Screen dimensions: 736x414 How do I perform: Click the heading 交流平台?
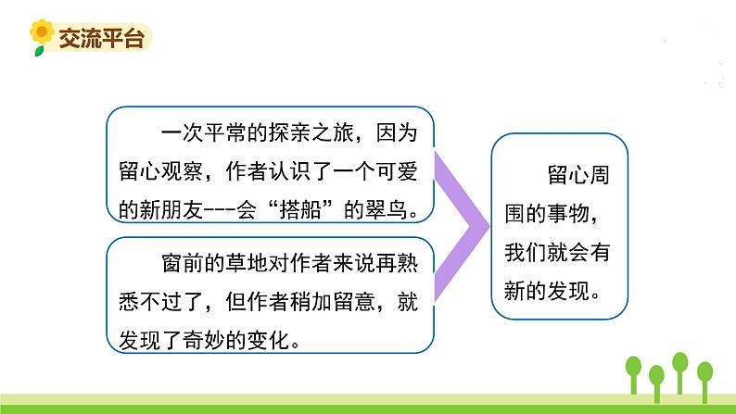[101, 38]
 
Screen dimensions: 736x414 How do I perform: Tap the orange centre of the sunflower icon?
[42, 31]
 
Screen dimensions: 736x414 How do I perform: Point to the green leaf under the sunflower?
[39, 50]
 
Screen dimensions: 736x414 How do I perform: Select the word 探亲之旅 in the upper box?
[311, 133]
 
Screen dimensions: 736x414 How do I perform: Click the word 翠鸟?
[386, 209]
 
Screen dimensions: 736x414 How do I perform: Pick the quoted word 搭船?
[300, 209]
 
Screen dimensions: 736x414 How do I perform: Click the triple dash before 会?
[219, 210]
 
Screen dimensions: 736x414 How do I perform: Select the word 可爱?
[397, 171]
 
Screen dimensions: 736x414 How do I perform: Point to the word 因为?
[397, 133]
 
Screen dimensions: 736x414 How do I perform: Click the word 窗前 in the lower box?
[182, 263]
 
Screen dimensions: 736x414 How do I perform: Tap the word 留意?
[354, 302]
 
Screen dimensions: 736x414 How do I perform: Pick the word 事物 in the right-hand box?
[567, 213]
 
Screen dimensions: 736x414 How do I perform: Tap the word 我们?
[526, 252]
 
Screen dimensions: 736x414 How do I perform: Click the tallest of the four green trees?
[680, 372]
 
